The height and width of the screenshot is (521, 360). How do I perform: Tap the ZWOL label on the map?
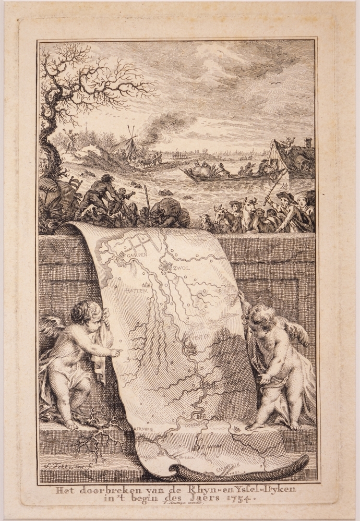pos(182,268)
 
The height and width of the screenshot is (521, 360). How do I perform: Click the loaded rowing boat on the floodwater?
pos(209,174)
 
